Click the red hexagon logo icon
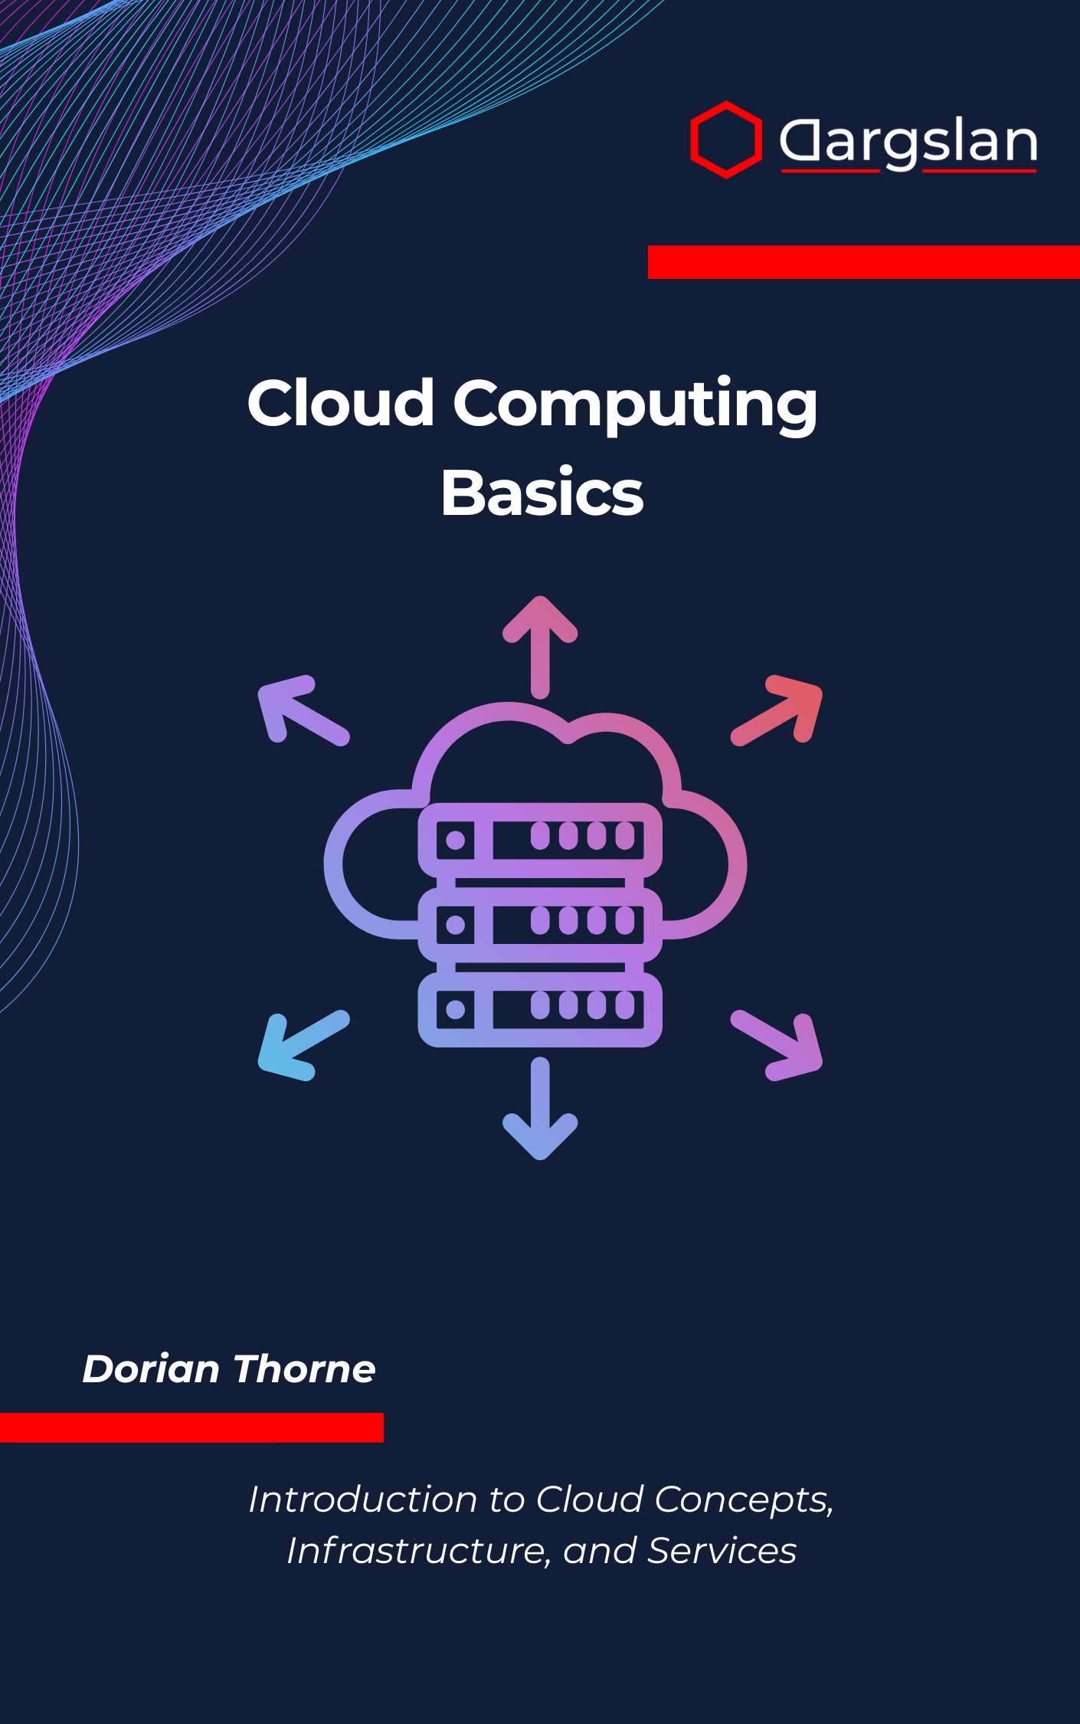coord(725,139)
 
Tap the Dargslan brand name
coord(908,142)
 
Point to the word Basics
coord(542,493)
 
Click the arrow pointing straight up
coord(540,646)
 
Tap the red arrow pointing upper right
coord(779,710)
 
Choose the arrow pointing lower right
coord(779,1045)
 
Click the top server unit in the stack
coord(540,839)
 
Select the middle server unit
coord(540,923)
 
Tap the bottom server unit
coord(540,1008)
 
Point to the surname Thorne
coord(304,1369)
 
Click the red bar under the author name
coord(191,1427)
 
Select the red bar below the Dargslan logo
coord(863,262)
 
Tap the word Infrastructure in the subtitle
coord(418,1551)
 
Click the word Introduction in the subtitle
coord(364,1499)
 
